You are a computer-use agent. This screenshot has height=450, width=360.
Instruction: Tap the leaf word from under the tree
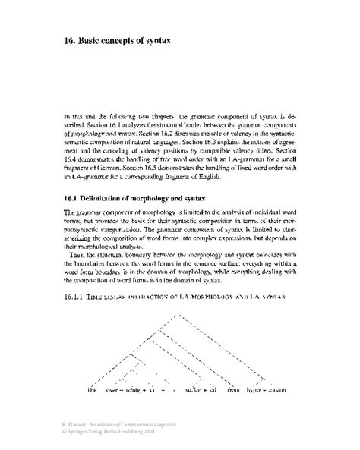coord(232,390)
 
